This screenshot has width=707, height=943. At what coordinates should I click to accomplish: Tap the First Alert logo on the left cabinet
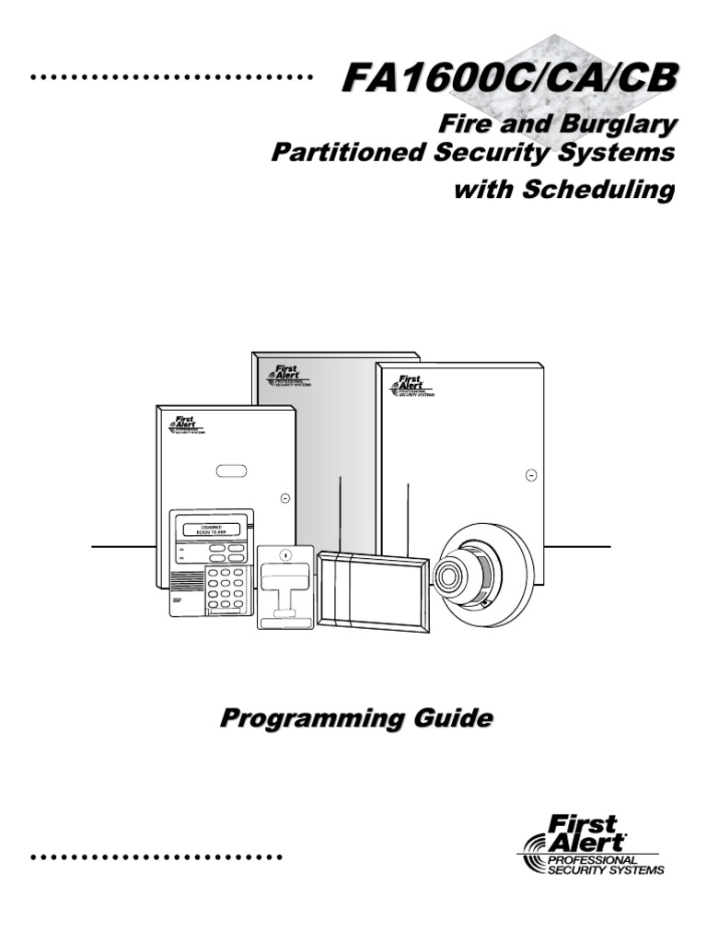184,423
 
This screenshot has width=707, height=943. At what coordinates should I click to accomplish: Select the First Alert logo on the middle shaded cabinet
282,376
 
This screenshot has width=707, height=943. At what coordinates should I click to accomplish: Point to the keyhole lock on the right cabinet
531,475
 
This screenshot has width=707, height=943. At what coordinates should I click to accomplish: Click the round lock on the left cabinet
284,497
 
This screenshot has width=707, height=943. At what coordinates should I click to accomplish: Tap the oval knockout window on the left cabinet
231,471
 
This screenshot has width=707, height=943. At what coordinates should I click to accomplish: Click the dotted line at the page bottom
156,857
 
